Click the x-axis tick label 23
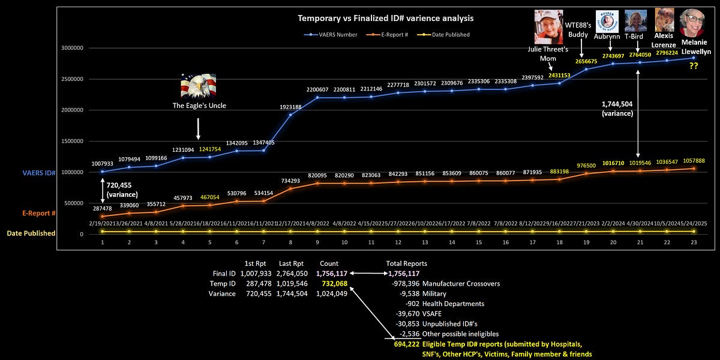point(694,242)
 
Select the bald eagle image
point(198,86)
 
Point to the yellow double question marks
point(694,66)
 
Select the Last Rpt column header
point(290,263)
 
